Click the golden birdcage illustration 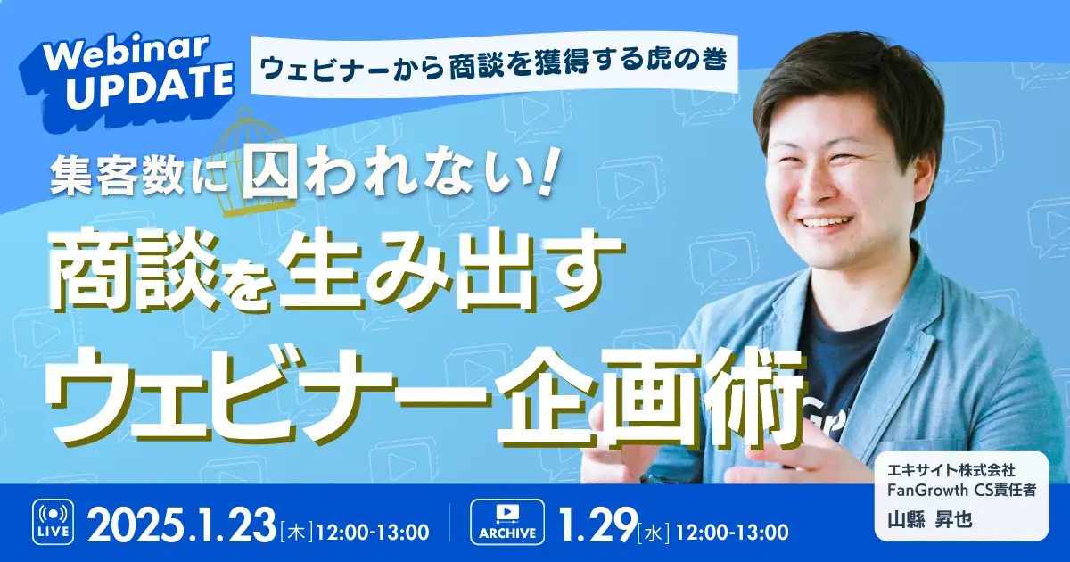259,163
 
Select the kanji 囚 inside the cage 270,176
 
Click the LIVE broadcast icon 53,522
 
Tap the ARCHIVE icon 507,522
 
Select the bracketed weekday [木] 296,532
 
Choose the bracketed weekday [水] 654,532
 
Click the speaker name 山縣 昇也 929,519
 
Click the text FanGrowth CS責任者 961,491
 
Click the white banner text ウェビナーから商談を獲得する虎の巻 494,62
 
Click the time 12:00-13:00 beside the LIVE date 373,532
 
